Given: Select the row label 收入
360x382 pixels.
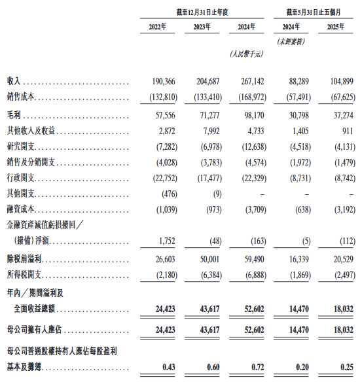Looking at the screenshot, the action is (x=14, y=80).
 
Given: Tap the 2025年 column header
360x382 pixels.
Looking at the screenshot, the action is (x=339, y=27).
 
